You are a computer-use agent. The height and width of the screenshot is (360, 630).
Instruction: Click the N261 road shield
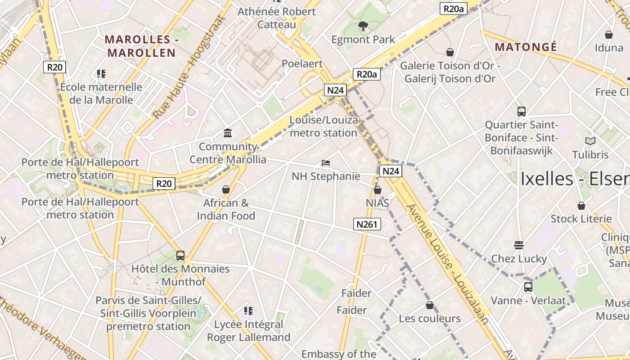point(367,224)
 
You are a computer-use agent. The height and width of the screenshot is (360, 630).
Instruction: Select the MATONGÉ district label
point(526,47)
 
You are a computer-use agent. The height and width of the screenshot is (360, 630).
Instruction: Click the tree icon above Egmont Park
point(363,26)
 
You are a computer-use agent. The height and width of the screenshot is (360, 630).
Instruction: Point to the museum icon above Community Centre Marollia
point(228,133)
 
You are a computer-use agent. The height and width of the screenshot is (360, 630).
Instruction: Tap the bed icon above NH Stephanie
point(326,162)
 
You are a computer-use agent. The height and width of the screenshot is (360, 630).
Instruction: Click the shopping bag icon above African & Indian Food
point(226,189)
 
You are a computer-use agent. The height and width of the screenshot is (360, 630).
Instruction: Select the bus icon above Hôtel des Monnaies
point(180,256)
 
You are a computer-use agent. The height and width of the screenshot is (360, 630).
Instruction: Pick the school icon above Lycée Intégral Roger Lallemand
point(248,311)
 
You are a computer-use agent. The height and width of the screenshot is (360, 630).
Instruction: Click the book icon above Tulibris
point(590,141)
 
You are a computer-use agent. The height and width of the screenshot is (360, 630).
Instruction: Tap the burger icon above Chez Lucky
point(519,245)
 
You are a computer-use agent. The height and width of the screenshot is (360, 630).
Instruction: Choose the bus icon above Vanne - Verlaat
point(528,287)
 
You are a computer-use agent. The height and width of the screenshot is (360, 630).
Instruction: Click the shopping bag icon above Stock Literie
point(581,206)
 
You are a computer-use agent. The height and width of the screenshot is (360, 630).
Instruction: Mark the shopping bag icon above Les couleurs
point(430,305)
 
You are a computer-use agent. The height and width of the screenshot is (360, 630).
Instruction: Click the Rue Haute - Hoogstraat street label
point(189,67)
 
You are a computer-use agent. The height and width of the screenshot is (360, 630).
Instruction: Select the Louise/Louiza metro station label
point(324,126)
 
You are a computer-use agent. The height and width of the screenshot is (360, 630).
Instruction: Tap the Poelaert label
point(302,63)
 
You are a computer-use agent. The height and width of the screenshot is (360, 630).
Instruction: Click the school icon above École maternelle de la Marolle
point(101,73)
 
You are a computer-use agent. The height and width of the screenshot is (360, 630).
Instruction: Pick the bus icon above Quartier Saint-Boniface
point(522,111)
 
